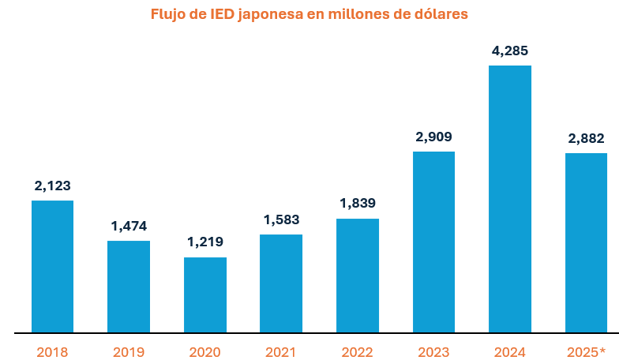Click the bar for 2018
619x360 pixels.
[x=52, y=266]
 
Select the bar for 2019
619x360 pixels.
[x=129, y=287]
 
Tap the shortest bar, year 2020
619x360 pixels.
[x=205, y=294]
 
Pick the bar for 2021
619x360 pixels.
[x=281, y=283]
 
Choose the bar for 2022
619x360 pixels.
[x=358, y=276]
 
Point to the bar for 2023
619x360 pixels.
[x=433, y=242]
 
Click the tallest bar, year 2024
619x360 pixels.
[x=510, y=199]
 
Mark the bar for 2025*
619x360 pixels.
[x=586, y=242]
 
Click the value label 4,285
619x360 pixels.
[x=510, y=51]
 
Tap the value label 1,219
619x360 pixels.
[x=205, y=242]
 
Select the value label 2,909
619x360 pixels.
[x=433, y=137]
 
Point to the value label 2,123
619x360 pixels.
[x=52, y=186]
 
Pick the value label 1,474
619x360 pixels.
[x=129, y=227]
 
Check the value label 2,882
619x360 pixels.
[x=586, y=139]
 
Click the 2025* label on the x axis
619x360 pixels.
[x=586, y=352]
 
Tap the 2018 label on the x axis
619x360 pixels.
[x=52, y=352]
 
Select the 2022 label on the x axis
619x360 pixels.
[x=358, y=352]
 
